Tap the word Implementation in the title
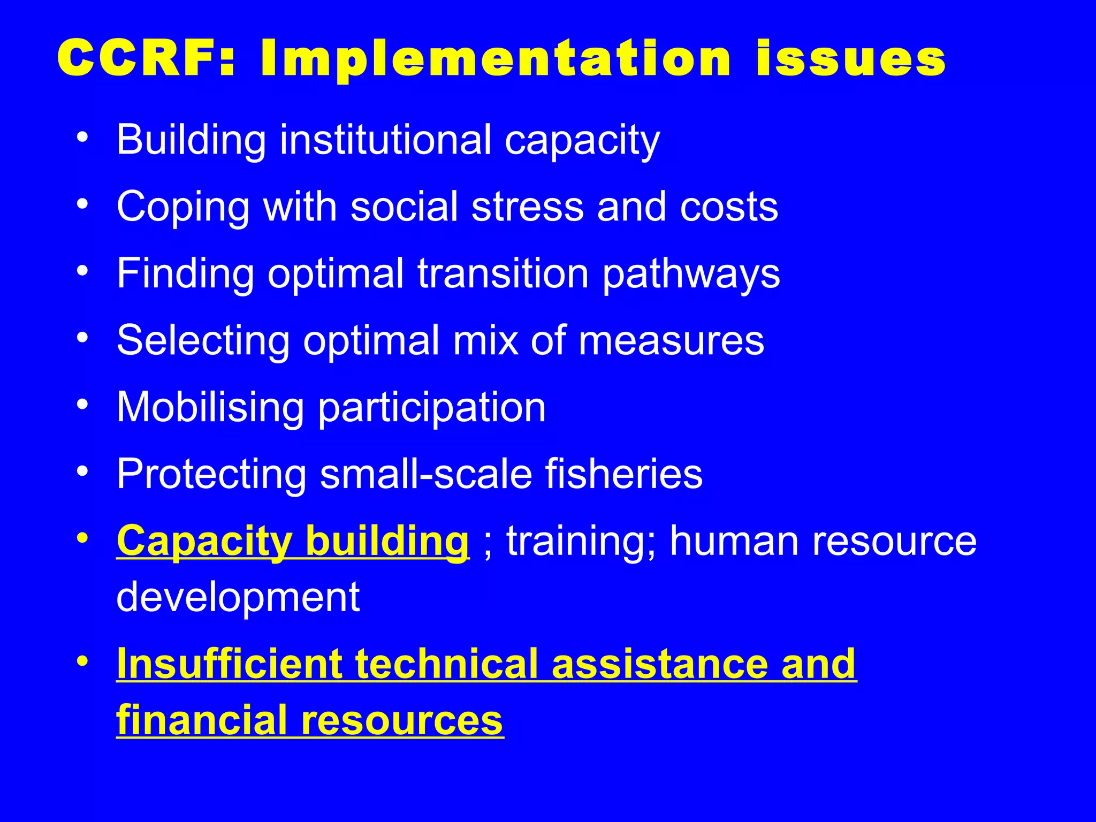(496, 60)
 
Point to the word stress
(528, 207)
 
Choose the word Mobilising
(210, 407)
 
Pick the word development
(238, 597)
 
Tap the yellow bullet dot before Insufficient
(82, 661)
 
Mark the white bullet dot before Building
(82, 137)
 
